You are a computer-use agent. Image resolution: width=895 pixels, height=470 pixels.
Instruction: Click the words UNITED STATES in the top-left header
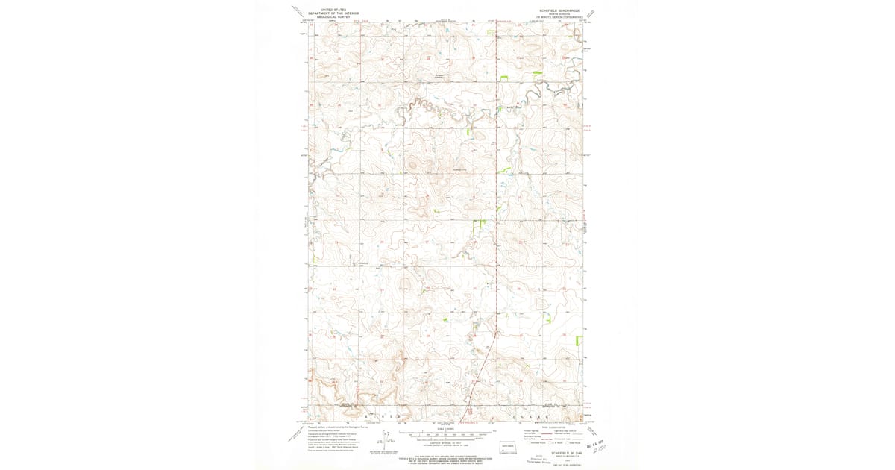pos(333,10)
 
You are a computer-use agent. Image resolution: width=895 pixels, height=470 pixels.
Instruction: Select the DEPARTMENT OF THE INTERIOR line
pos(333,13)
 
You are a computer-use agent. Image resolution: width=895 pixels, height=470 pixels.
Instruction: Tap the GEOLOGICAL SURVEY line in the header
pos(333,16)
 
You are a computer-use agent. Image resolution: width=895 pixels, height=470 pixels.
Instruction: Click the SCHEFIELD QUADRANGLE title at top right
pos(559,10)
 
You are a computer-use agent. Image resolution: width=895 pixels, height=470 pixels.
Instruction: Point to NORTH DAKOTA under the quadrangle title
pos(559,13)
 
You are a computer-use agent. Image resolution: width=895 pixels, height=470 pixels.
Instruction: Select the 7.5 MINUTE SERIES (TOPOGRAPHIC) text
pos(559,17)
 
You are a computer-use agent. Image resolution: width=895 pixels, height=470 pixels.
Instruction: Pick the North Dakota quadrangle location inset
pos(509,448)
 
